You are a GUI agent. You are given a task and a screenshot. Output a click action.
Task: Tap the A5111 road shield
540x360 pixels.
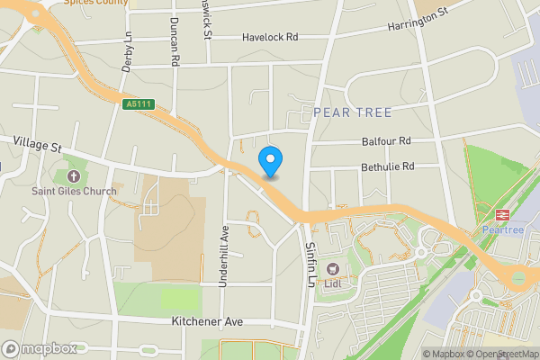click(139, 105)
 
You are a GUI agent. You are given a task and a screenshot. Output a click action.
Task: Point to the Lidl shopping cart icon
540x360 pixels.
click(333, 268)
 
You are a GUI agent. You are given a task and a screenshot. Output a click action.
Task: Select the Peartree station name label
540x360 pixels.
click(502, 230)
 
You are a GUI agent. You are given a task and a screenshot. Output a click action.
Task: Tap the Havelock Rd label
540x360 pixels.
click(270, 38)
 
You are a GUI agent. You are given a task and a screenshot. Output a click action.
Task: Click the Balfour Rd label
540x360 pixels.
click(386, 141)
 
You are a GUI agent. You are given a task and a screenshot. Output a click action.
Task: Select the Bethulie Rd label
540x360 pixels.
click(388, 166)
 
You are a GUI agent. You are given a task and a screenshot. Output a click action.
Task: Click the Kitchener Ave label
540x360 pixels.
click(208, 321)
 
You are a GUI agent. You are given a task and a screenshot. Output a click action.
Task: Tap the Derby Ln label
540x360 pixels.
click(127, 53)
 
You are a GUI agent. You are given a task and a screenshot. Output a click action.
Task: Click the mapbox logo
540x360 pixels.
click(40, 348)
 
